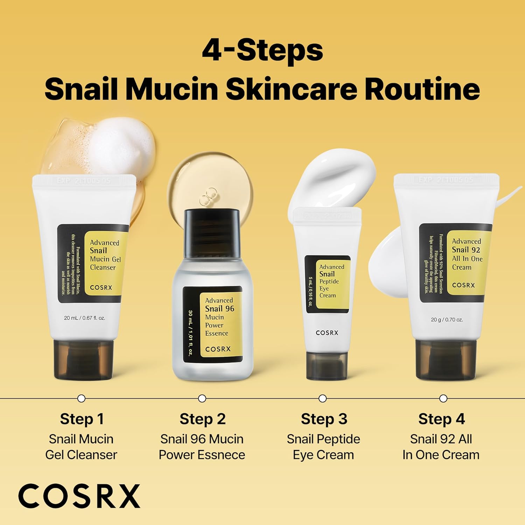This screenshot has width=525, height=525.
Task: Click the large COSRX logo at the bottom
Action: [79, 496]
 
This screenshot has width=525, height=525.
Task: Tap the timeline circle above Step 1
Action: [81, 398]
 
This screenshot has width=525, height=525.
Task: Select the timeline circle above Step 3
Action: [323, 398]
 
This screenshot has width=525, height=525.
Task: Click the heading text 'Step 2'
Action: [202, 419]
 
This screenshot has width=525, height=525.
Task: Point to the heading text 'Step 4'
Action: [441, 419]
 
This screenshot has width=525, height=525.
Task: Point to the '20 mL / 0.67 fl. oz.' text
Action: [84, 318]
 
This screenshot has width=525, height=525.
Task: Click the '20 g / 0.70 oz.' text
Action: [447, 320]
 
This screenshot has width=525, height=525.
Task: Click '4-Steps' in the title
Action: [262, 51]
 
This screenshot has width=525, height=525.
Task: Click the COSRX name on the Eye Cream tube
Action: [327, 333]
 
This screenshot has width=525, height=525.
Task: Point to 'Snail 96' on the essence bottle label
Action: [219, 309]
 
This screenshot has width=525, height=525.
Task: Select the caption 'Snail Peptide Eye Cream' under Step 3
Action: [323, 447]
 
